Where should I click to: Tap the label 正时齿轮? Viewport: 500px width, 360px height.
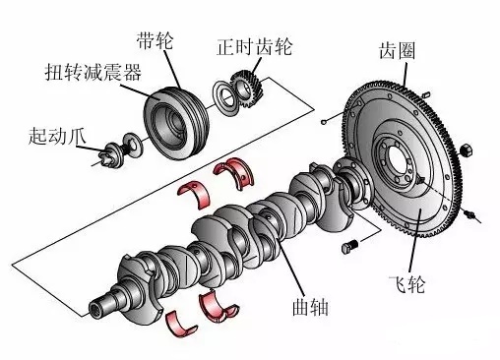(246, 46)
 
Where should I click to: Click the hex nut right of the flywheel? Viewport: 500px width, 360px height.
(468, 152)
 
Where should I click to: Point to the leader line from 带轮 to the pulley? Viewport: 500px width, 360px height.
(170, 54)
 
